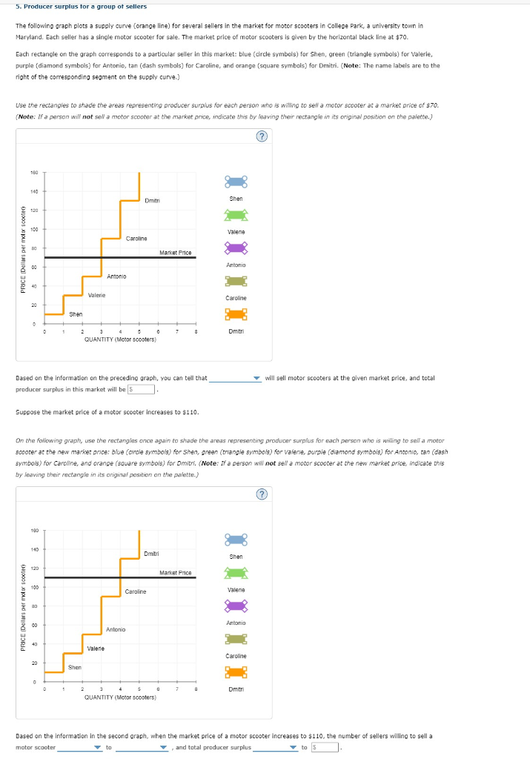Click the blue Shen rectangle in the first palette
(x=236, y=182)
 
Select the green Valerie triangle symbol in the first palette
(x=236, y=215)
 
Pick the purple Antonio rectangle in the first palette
(x=236, y=248)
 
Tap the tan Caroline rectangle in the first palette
(x=236, y=281)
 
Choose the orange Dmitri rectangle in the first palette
(x=236, y=314)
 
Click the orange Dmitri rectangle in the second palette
(x=236, y=672)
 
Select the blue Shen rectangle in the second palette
(x=236, y=540)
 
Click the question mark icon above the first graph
(x=259, y=136)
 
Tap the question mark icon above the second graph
(x=259, y=494)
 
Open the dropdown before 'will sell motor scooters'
(x=235, y=379)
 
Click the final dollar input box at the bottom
(x=327, y=747)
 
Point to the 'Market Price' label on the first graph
(x=176, y=253)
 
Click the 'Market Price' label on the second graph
(x=176, y=572)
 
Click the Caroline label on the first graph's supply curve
(x=136, y=239)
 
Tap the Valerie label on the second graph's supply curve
(x=96, y=649)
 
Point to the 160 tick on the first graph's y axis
(x=34, y=173)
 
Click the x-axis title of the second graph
(x=120, y=697)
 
